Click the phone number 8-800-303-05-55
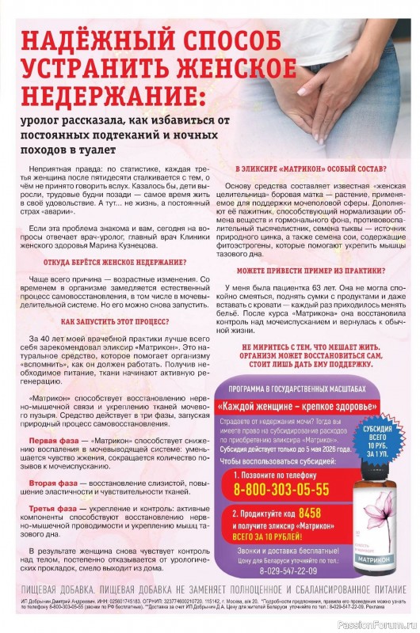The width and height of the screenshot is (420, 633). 281,490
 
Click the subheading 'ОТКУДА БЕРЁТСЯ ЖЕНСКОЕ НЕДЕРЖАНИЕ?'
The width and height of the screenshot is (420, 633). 116,262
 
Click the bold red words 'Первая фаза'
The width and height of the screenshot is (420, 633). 54,439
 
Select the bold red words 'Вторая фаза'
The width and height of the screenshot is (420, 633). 54,482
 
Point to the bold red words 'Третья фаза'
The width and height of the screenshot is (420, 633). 54,509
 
